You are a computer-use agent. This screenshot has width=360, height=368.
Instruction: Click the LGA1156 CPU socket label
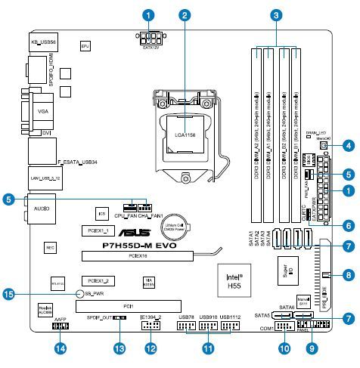coord(185,134)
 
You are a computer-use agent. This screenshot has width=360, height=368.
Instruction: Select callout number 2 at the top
coord(184,14)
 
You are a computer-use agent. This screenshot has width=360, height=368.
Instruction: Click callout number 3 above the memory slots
coord(278,14)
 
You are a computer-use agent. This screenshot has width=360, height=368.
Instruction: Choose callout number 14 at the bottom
coord(61,348)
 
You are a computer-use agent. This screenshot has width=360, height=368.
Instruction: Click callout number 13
coord(119,348)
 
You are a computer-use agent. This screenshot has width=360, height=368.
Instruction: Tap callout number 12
coord(151,348)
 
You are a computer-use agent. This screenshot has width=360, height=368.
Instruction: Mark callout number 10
coord(284,348)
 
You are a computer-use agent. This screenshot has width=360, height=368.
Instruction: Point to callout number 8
coord(348,275)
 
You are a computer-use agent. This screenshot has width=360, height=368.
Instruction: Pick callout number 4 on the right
coord(348,144)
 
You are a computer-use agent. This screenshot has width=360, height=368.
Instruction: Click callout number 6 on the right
coord(348,224)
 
